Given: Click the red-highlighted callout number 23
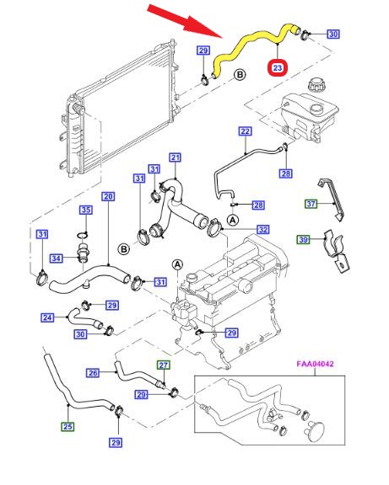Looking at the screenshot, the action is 278,67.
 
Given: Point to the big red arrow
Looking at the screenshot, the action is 185,21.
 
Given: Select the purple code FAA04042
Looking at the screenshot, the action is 316,364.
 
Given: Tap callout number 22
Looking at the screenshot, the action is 245,131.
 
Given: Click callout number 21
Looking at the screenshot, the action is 176,157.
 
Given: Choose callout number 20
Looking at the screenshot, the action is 108,196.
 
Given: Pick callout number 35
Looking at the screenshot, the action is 86,210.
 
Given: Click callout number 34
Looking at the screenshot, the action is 56,258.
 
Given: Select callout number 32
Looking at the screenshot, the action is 262,230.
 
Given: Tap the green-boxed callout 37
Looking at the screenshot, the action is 311,204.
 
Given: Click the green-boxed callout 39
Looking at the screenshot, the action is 304,239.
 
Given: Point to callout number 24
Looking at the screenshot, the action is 47,317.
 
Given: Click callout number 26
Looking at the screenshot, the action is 93,373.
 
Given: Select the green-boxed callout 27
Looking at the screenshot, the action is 164,365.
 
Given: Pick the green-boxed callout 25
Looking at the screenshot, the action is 68,427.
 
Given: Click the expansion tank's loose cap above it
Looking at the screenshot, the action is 317,84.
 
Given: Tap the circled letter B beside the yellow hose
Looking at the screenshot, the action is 240,75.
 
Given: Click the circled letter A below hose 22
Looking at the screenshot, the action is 233,220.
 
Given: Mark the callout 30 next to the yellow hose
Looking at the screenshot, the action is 333,34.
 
